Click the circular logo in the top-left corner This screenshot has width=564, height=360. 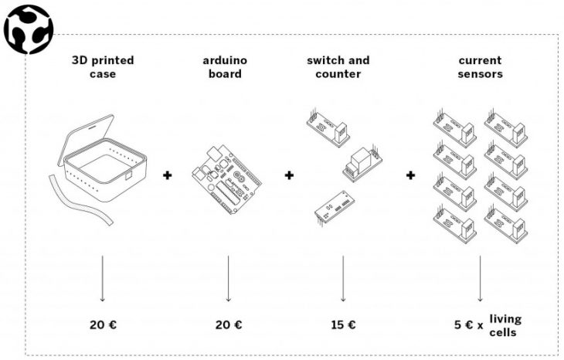point(27,29)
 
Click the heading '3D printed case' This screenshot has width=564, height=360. point(101,66)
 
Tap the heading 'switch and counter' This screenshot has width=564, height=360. point(338,66)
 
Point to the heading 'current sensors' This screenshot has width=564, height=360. point(480,66)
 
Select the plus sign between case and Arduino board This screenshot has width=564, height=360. point(167,175)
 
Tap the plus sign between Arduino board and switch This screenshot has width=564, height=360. point(290,175)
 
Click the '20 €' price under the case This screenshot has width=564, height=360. point(103,325)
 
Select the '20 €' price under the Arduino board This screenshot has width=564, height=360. point(229,325)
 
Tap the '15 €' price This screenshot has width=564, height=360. point(342,325)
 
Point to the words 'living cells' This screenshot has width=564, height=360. point(505,325)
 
